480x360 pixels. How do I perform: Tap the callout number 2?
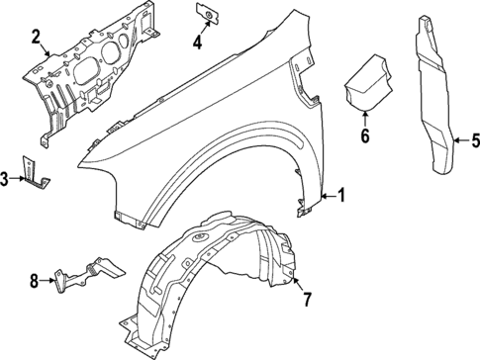(36, 39)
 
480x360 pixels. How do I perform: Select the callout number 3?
(7, 178)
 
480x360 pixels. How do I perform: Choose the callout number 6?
(364, 135)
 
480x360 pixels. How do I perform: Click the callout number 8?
(34, 281)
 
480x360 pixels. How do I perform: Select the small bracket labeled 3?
(37, 171)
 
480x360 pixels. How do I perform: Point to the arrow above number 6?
(364, 119)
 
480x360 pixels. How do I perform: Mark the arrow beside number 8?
(49, 281)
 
